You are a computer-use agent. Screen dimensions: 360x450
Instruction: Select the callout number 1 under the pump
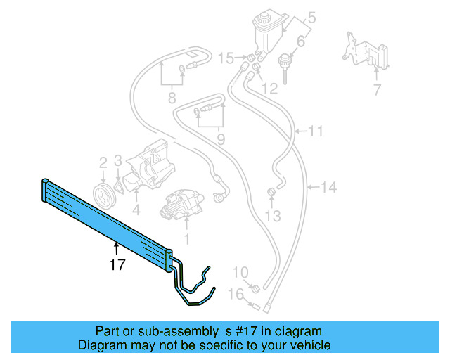pyautogui.click(x=187, y=239)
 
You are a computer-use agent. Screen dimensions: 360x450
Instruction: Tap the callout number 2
pyautogui.click(x=103, y=162)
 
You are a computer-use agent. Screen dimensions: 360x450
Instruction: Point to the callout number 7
pyautogui.click(x=376, y=90)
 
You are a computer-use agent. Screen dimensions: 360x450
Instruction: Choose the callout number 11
pyautogui.click(x=316, y=131)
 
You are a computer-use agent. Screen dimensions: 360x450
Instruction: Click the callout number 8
pyautogui.click(x=171, y=98)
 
